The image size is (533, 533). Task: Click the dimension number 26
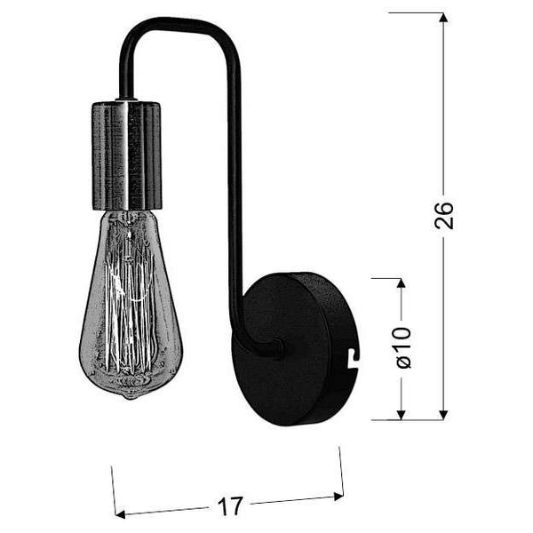tap(444, 215)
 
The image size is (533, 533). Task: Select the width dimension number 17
tap(229, 507)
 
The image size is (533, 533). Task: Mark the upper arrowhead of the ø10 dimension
tap(402, 285)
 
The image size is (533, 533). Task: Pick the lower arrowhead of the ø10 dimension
tap(402, 413)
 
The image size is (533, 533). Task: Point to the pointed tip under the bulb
tap(130, 395)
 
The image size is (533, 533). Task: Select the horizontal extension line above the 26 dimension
tap(418, 13)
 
